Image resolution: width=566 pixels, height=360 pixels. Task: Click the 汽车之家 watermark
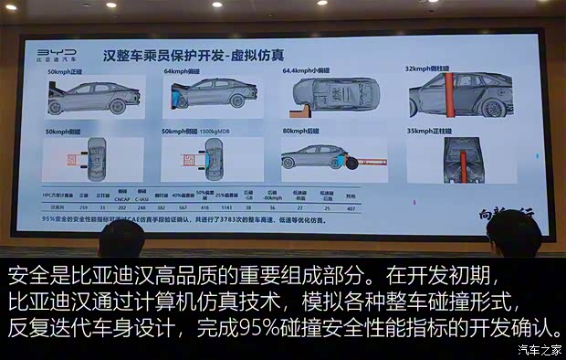(x=538, y=350)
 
